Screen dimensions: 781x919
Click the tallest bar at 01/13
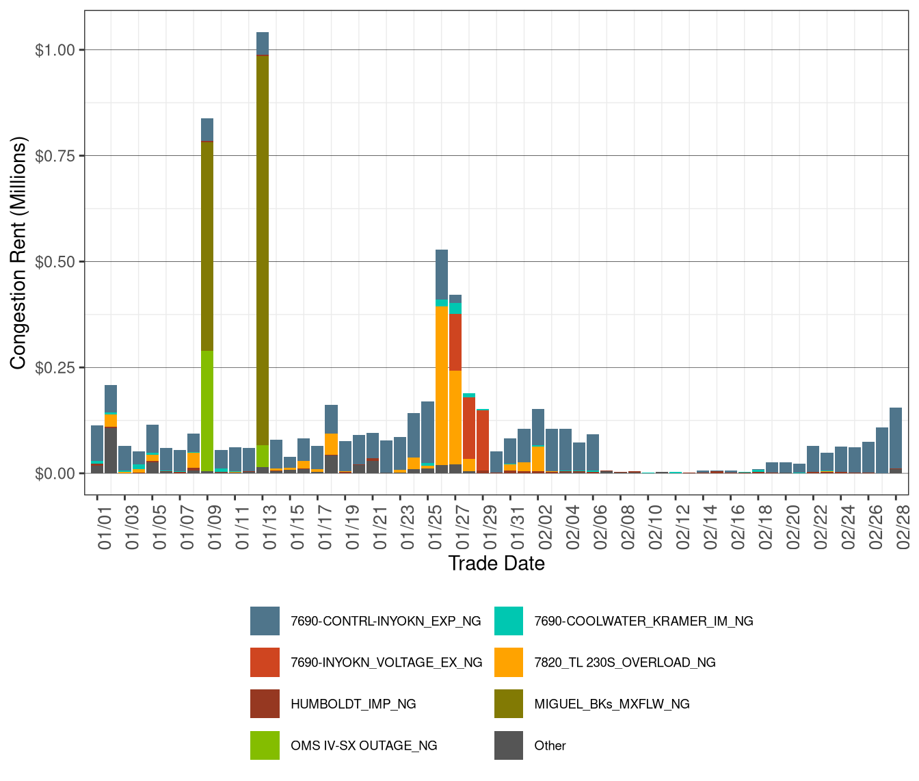pyautogui.click(x=263, y=253)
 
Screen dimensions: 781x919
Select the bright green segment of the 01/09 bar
pyautogui.click(x=207, y=410)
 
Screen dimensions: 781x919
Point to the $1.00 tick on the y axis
pyautogui.click(x=59, y=50)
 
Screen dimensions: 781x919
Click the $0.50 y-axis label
pyautogui.click(x=59, y=262)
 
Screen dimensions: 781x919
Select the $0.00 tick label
pyautogui.click(x=59, y=473)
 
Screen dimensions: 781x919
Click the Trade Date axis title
pyautogui.click(x=496, y=564)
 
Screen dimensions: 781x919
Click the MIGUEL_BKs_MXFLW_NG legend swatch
pyautogui.click(x=509, y=704)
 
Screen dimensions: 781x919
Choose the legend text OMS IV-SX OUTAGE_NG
pyautogui.click(x=364, y=745)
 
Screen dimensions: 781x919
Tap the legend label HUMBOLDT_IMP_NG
pyautogui.click(x=353, y=704)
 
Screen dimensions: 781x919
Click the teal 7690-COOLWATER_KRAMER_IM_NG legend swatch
pyautogui.click(x=509, y=621)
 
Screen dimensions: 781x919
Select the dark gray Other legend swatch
pyautogui.click(x=509, y=745)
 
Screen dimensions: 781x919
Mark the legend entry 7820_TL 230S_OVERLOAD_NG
pyautogui.click(x=624, y=662)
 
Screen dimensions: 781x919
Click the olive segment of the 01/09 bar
pyautogui.click(x=207, y=246)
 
